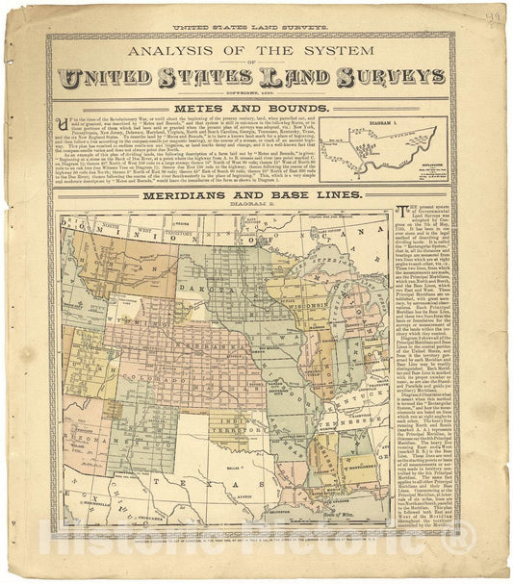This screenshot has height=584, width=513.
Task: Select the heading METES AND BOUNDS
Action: [248, 109]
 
